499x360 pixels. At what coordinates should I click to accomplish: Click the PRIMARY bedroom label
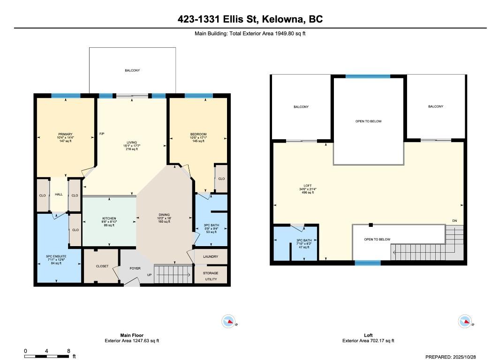65,134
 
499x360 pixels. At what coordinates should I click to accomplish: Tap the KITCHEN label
109,218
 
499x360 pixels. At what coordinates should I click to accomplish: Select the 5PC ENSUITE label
56,256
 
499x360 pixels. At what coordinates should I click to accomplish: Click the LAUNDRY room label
211,256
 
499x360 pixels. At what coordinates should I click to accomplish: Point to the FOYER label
136,268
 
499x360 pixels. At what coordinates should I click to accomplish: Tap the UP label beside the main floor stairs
150,275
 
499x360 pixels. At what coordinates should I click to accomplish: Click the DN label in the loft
454,221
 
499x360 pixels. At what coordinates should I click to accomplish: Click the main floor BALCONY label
132,70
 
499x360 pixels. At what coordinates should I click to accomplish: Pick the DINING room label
164,215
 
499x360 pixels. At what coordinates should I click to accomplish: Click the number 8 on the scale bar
68,351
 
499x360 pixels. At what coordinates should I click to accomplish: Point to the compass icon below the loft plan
464,322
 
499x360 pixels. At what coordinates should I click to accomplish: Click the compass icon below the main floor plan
228,322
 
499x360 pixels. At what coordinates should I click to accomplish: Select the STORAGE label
211,273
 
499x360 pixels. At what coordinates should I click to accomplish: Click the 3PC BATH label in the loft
304,240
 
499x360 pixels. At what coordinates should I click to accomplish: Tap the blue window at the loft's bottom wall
368,263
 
